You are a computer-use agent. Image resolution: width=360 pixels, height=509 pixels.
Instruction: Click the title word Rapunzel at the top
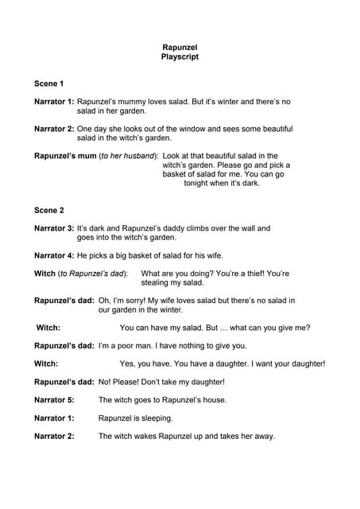(x=179, y=48)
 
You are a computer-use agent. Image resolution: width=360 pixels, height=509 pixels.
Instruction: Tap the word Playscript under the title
(x=179, y=57)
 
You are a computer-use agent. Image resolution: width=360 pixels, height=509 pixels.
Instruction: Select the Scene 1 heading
(x=49, y=84)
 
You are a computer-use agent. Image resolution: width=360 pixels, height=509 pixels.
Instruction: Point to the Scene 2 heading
(x=49, y=210)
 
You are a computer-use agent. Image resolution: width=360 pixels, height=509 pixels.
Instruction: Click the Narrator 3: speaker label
(x=54, y=228)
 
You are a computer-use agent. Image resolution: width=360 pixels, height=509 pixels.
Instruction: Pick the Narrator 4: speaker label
(x=54, y=255)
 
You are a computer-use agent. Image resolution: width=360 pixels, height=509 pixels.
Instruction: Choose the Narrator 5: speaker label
(x=54, y=400)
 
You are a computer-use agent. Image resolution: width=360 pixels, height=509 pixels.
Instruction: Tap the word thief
(x=258, y=274)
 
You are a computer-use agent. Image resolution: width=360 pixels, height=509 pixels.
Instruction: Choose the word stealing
(x=157, y=282)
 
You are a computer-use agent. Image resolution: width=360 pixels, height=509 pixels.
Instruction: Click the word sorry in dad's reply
(x=140, y=301)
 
